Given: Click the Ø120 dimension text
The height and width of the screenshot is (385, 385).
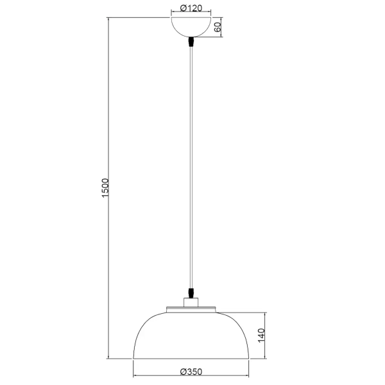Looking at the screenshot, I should pos(192,8).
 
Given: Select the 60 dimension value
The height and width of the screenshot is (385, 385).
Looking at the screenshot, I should pos(218,28).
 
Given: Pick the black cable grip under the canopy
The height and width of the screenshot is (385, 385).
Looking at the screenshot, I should pos(192,43).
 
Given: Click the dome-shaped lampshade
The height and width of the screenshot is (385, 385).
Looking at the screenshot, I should pos(192,337).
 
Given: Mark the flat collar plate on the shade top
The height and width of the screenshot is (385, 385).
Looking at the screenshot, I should pos(192,309).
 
